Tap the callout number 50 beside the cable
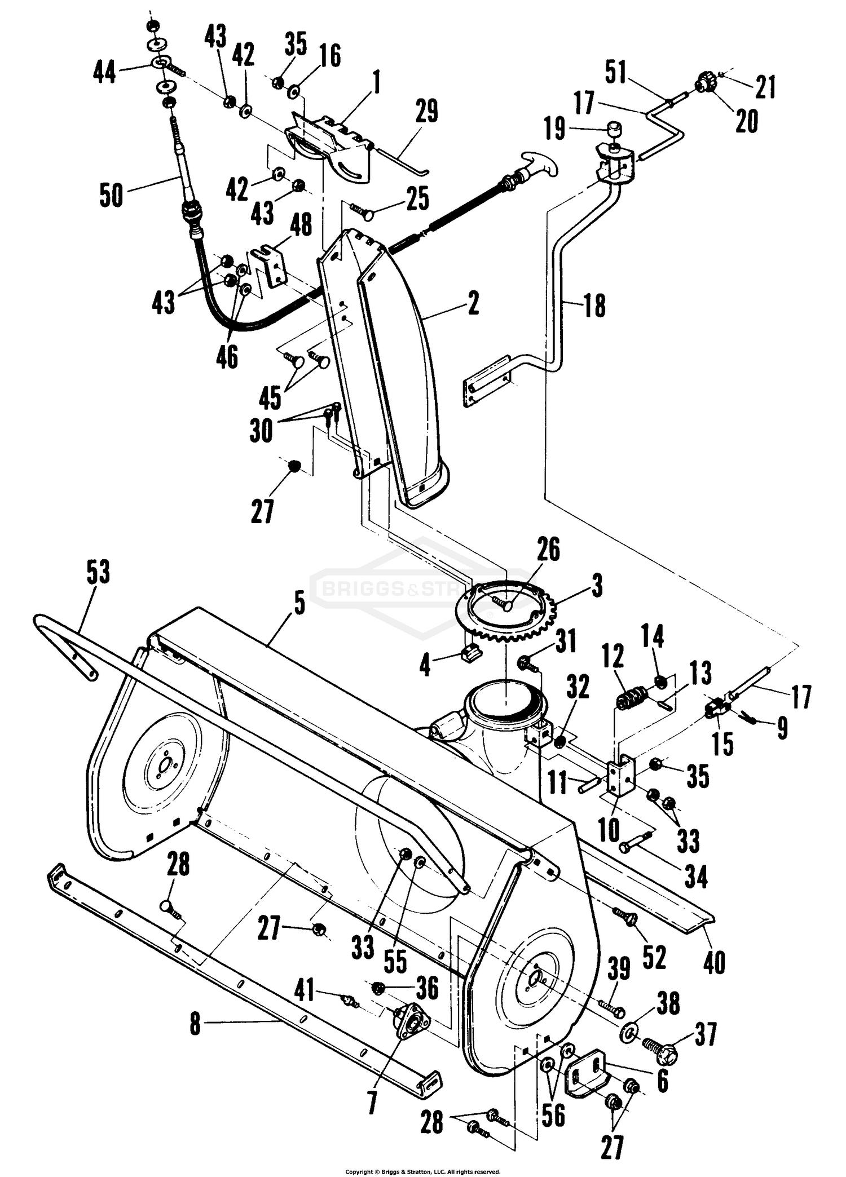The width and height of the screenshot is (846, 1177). [111, 195]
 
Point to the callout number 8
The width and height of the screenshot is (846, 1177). [195, 1024]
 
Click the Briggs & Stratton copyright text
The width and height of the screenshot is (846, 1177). [422, 1171]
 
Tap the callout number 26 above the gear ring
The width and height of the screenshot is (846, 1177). [548, 549]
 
